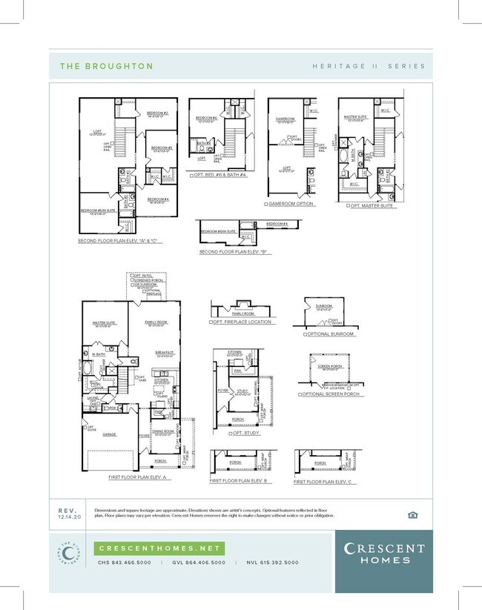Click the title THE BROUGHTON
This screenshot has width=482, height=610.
pyautogui.click(x=106, y=66)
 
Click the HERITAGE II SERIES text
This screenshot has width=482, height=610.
pyautogui.click(x=369, y=66)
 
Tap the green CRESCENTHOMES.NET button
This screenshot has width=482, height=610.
pyautogui.click(x=159, y=548)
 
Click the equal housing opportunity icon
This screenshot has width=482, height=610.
pyautogui.click(x=413, y=514)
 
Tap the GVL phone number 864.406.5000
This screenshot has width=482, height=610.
pyautogui.click(x=199, y=563)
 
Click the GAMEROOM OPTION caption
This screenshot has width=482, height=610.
pyautogui.click(x=291, y=204)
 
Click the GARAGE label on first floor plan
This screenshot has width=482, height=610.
pyautogui.click(x=110, y=434)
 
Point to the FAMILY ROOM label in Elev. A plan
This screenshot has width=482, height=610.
pyautogui.click(x=156, y=323)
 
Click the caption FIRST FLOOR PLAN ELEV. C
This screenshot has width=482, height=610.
pyautogui.click(x=320, y=482)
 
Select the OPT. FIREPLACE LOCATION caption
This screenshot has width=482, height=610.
pyautogui.click(x=241, y=322)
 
